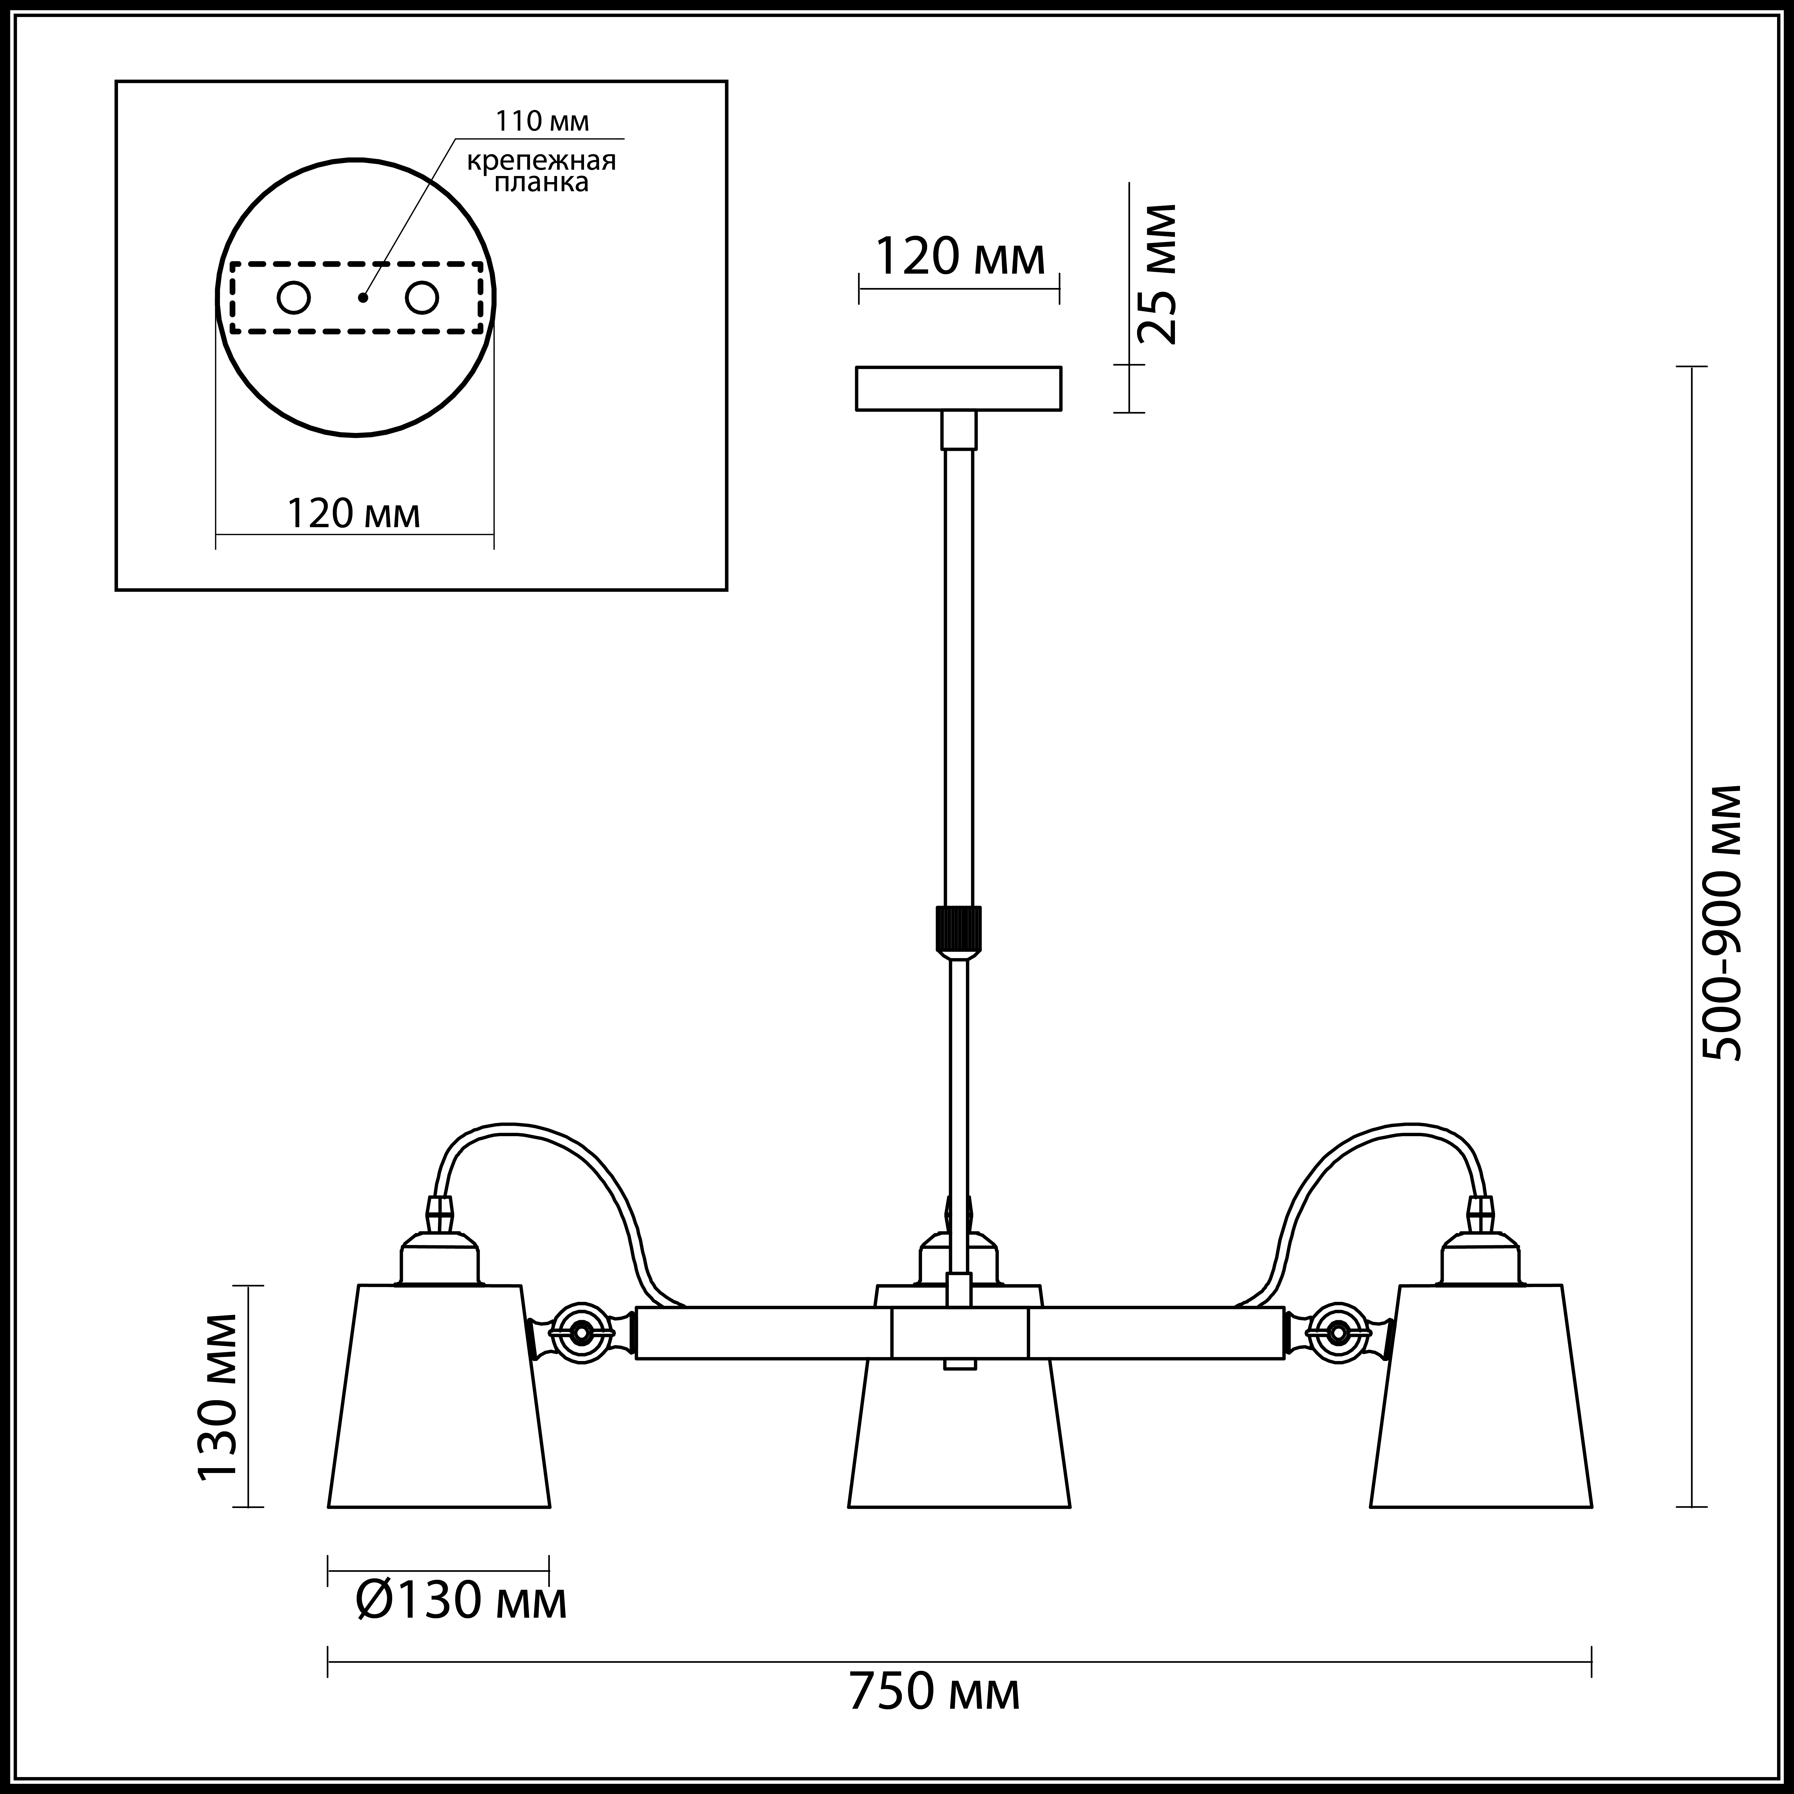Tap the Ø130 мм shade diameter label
coord(461,1601)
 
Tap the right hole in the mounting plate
coord(421,298)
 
